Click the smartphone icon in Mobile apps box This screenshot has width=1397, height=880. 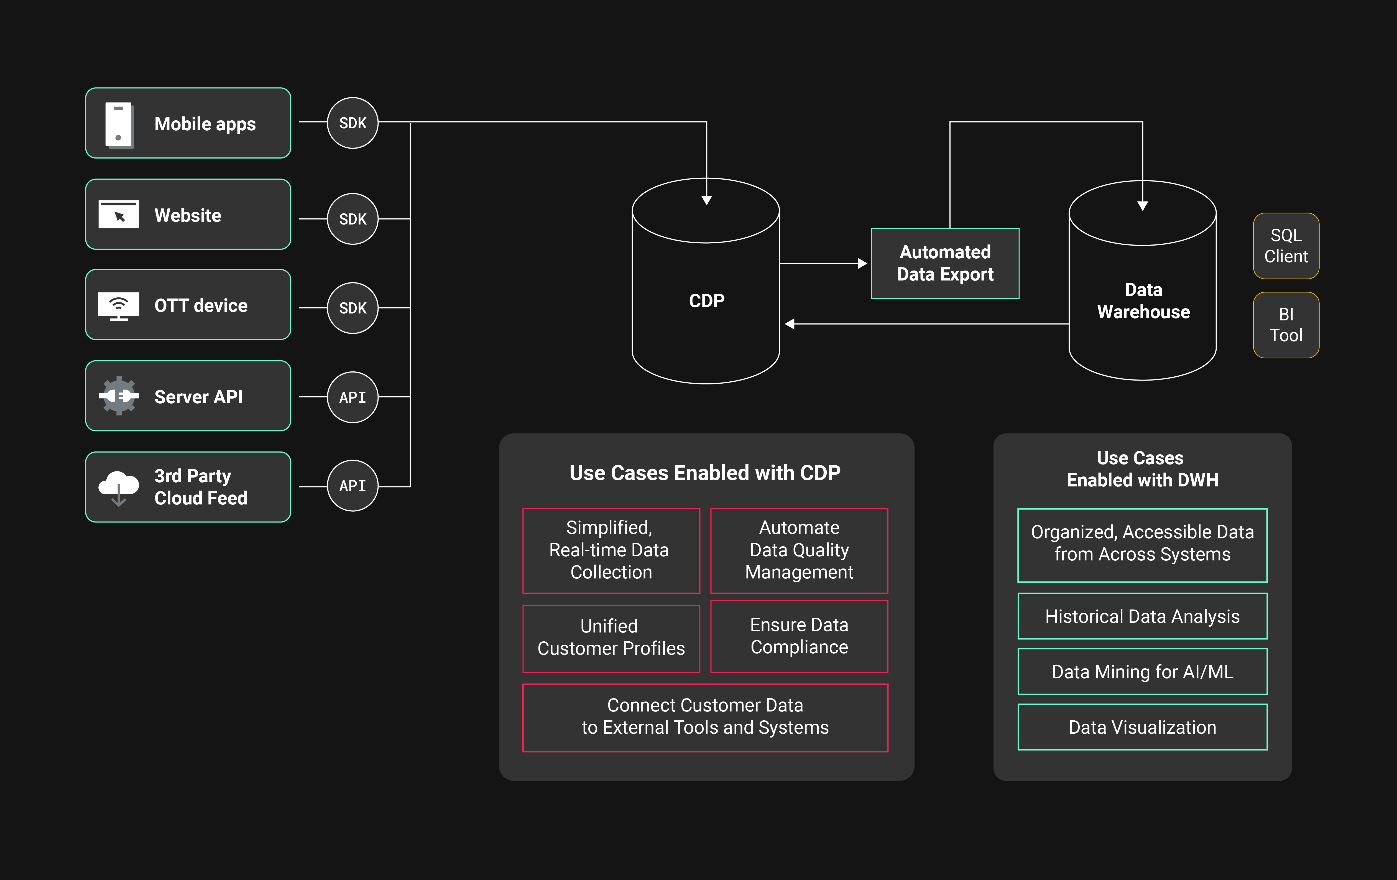pyautogui.click(x=119, y=124)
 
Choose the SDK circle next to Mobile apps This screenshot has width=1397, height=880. pyautogui.click(x=353, y=123)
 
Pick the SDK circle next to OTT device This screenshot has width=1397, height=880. pyautogui.click(x=353, y=308)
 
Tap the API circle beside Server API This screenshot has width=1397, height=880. pyautogui.click(x=353, y=397)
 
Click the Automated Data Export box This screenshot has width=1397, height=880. pyautogui.click(x=945, y=263)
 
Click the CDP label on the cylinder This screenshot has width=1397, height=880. pyautogui.click(x=706, y=300)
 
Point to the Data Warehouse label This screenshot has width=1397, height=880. pyautogui.click(x=1143, y=300)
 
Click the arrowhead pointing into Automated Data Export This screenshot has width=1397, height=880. pyautogui.click(x=863, y=263)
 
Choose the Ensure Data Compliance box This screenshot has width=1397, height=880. pyautogui.click(x=799, y=636)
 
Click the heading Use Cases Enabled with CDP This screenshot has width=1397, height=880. pyautogui.click(x=705, y=473)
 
